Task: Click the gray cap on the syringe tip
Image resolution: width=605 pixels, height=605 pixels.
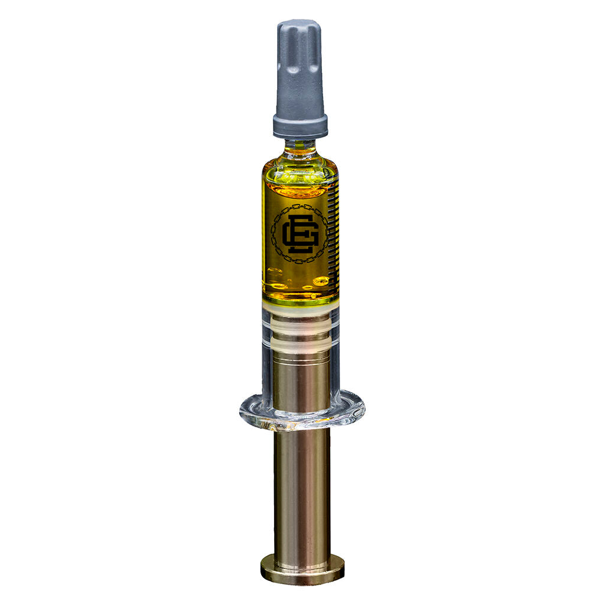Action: click(x=300, y=71)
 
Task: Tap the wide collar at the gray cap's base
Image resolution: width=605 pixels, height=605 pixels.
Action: click(x=300, y=126)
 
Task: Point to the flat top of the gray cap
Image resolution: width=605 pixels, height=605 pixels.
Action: click(x=298, y=25)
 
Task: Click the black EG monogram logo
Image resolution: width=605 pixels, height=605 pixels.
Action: click(x=299, y=234)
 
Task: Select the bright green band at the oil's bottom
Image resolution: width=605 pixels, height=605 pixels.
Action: click(x=300, y=301)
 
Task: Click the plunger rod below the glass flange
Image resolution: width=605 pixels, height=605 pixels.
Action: click(x=302, y=490)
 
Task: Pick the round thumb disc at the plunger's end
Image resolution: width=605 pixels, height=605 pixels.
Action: click(x=302, y=570)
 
